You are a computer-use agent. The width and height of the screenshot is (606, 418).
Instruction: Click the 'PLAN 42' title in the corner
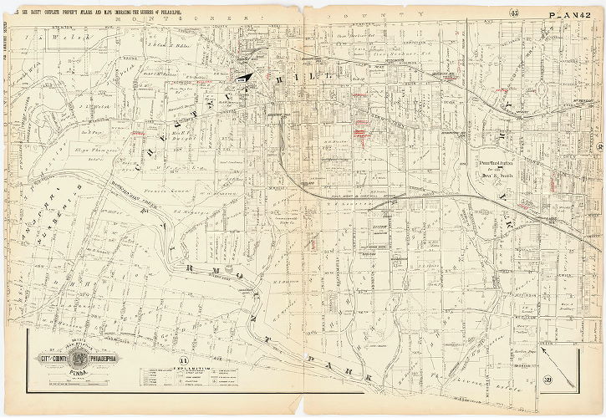tap(573, 14)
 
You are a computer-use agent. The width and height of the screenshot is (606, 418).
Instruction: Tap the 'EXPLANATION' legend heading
tap(185, 366)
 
